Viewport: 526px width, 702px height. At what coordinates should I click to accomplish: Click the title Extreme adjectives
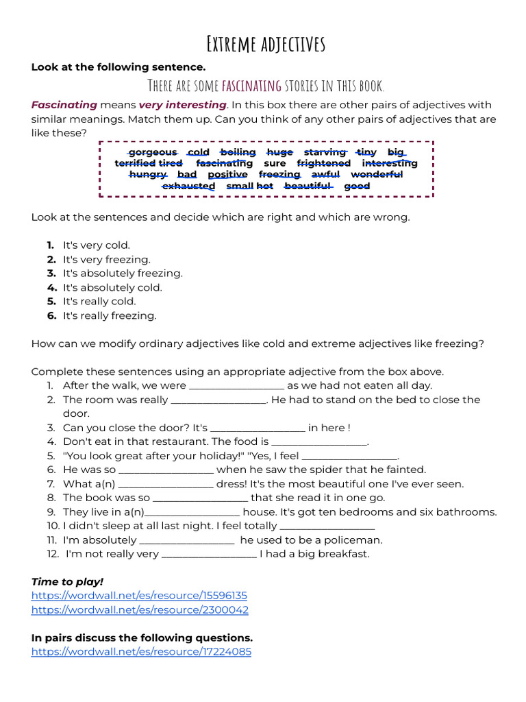(x=266, y=45)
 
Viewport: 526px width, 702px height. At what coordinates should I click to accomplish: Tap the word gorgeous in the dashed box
(x=153, y=152)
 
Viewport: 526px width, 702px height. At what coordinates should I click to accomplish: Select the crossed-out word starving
(x=325, y=152)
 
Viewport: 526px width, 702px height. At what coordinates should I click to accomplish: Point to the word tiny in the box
(x=366, y=152)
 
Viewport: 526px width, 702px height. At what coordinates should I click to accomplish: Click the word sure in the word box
(x=275, y=163)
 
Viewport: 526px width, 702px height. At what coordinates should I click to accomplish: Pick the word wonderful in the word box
(x=377, y=174)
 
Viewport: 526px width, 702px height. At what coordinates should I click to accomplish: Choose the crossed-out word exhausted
(x=188, y=186)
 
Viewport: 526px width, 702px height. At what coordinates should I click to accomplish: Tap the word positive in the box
(x=227, y=174)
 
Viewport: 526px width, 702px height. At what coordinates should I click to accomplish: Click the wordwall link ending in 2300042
(x=140, y=609)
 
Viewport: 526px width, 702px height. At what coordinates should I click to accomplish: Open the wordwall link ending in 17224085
(x=141, y=651)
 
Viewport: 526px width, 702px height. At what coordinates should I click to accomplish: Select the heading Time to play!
(x=67, y=581)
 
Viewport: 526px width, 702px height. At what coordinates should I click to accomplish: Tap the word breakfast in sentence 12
(x=344, y=554)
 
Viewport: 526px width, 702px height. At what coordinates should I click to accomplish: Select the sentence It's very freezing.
(x=106, y=259)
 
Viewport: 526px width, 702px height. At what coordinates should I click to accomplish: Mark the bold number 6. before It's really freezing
(x=51, y=315)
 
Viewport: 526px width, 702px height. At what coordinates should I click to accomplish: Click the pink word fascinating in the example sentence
(x=251, y=86)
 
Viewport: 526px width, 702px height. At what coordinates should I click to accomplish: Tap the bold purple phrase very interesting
(x=182, y=105)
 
